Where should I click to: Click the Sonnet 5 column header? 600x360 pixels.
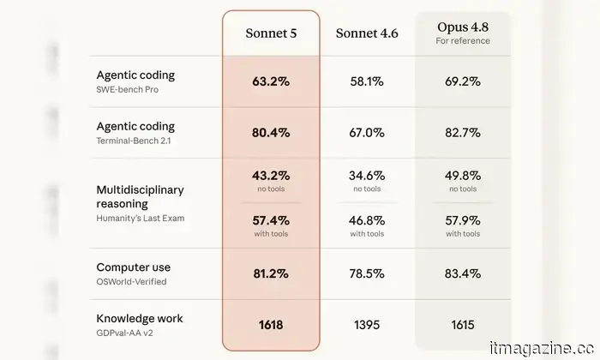[271, 33]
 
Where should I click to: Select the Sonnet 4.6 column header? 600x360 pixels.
[367, 33]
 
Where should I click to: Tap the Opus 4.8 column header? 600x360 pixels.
[463, 27]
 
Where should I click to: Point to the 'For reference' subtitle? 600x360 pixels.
[463, 40]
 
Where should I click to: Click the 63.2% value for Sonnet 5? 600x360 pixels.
[271, 81]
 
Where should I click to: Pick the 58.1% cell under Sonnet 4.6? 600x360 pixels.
[367, 81]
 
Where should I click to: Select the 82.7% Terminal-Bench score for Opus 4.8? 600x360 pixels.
[463, 133]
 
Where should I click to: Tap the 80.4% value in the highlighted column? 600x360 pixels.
[271, 133]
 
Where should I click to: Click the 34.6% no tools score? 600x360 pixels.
[367, 176]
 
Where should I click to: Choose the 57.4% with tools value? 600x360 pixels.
[271, 220]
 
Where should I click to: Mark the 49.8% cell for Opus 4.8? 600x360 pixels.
[463, 176]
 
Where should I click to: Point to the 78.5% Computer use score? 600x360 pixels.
[367, 273]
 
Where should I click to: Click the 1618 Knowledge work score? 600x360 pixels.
[271, 325]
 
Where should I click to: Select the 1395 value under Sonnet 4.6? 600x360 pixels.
[367, 325]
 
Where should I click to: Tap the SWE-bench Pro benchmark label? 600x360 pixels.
[128, 89]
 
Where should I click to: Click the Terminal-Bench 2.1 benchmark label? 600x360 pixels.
[134, 141]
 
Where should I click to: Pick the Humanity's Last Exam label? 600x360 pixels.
[141, 218]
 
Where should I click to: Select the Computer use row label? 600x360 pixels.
[134, 267]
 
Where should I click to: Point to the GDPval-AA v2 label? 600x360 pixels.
[125, 333]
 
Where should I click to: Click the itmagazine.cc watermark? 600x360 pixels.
[542, 348]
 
